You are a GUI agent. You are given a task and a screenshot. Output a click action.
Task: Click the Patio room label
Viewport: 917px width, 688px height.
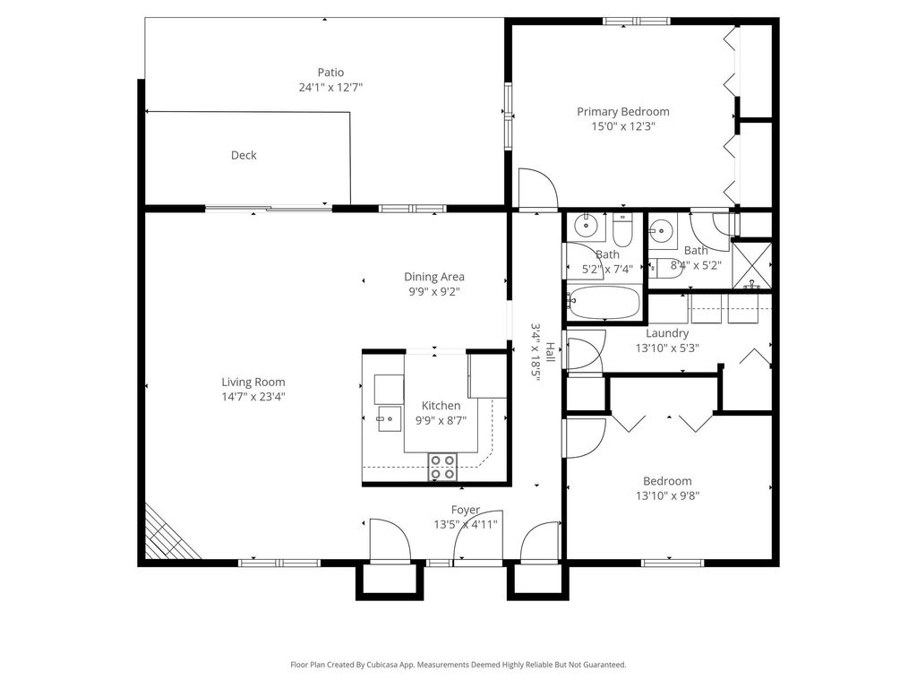(330, 73)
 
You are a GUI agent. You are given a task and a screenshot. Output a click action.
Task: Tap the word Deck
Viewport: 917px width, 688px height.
(244, 155)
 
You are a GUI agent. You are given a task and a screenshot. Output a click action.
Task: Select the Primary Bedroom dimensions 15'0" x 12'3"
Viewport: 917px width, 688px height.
(623, 126)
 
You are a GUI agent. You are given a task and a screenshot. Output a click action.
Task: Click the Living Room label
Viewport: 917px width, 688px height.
(253, 382)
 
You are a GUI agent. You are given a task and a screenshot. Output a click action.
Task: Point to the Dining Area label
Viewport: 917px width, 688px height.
(434, 277)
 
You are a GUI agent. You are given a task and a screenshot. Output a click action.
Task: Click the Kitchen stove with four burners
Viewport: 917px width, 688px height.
(442, 467)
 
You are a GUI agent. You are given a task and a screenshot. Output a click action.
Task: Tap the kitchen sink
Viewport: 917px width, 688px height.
(389, 418)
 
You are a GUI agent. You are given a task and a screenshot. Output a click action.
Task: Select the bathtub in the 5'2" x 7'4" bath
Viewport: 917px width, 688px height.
(604, 302)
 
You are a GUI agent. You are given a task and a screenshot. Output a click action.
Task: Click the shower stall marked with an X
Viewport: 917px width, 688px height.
(752, 265)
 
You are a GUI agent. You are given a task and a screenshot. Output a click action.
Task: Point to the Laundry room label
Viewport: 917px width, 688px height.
(667, 333)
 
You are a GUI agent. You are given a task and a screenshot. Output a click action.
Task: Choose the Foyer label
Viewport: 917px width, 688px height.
(466, 510)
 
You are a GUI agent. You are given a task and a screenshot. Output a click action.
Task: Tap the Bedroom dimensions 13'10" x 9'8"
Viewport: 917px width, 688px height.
(668, 496)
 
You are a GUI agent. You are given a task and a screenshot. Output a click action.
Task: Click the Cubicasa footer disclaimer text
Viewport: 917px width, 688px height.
(458, 665)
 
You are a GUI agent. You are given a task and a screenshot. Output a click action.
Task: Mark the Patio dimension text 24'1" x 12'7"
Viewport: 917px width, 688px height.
(331, 88)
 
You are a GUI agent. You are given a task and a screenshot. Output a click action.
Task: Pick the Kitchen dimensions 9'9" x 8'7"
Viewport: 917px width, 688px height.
(441, 421)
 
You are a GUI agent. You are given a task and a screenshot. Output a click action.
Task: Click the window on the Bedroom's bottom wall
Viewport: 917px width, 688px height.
(673, 563)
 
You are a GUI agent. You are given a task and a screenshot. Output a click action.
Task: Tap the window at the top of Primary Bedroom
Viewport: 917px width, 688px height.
(637, 21)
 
